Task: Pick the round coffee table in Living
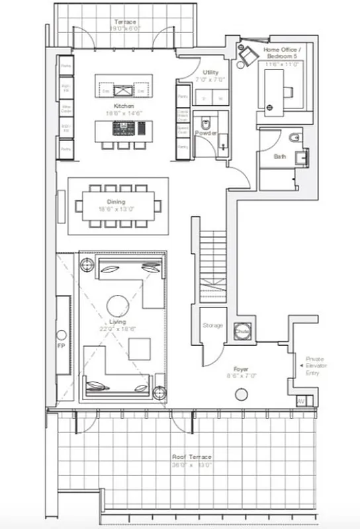118,305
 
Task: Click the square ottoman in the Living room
139,348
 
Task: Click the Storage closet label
213,325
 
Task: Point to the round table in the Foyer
241,395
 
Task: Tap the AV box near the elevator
301,401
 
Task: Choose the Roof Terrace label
192,458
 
